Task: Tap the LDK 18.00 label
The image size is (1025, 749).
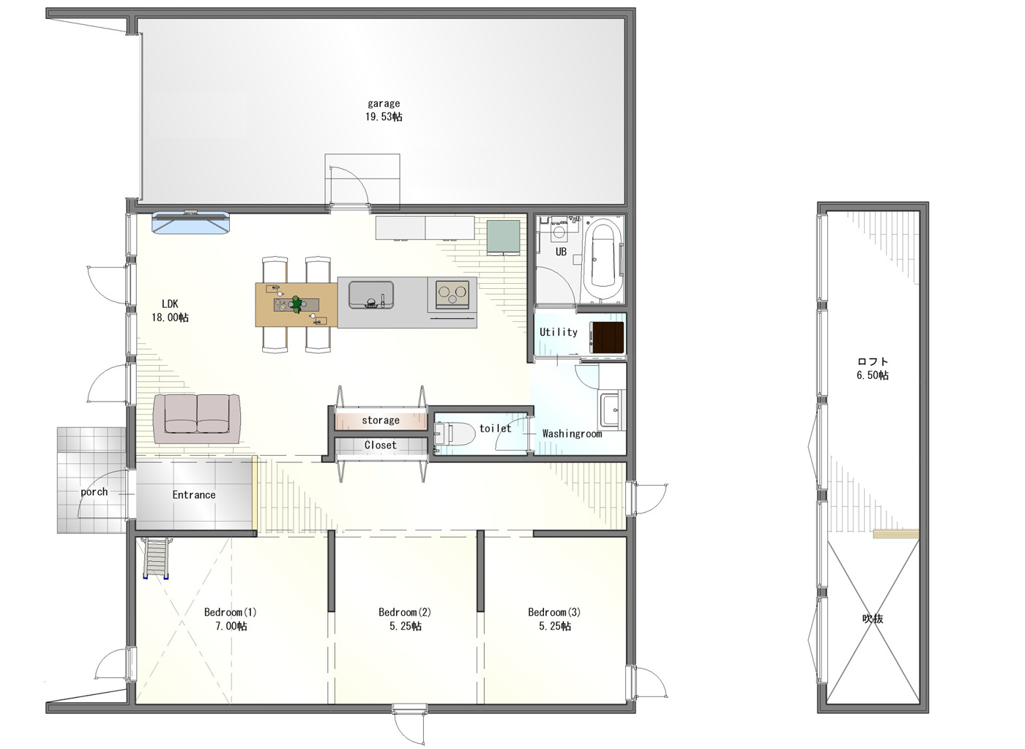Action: click(170, 310)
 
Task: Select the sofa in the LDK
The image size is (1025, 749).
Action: click(197, 419)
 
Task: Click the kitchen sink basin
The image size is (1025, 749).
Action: click(371, 295)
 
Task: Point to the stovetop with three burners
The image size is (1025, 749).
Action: click(452, 293)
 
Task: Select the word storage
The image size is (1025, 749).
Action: click(381, 421)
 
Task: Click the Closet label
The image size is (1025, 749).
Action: click(381, 445)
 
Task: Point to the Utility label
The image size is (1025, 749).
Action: click(558, 332)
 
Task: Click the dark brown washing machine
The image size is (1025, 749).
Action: click(607, 337)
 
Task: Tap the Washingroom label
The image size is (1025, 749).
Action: click(572, 434)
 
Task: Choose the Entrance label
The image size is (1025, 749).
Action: click(193, 494)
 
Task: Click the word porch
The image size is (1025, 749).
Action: click(94, 492)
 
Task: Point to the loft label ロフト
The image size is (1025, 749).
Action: click(873, 361)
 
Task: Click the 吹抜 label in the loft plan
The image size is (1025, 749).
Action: click(873, 619)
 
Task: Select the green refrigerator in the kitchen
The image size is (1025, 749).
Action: click(504, 237)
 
